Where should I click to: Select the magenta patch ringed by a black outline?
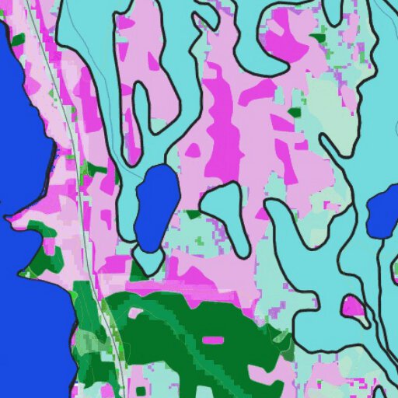[x=354, y=305]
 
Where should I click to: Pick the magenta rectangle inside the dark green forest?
[x=211, y=340]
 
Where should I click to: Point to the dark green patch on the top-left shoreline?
[x=17, y=39]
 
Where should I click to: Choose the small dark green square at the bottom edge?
[x=140, y=388]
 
